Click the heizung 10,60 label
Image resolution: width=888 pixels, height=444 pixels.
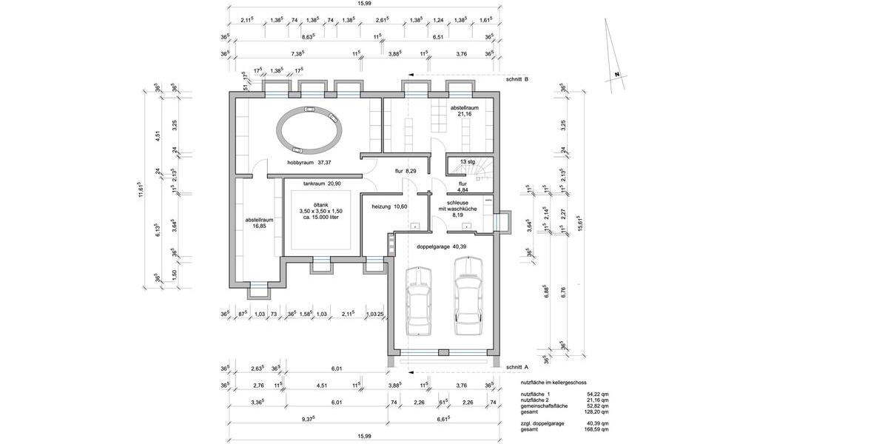(390, 206)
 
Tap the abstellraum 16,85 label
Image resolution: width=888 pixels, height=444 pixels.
(260, 223)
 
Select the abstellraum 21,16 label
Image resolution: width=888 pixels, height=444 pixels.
(465, 111)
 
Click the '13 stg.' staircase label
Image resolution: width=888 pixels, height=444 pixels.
(468, 161)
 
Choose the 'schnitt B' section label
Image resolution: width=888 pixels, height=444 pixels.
(517, 78)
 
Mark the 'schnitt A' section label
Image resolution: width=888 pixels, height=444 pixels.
(517, 366)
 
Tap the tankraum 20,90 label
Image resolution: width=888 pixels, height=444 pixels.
(320, 183)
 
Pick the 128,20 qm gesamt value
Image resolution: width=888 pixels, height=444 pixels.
(596, 411)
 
